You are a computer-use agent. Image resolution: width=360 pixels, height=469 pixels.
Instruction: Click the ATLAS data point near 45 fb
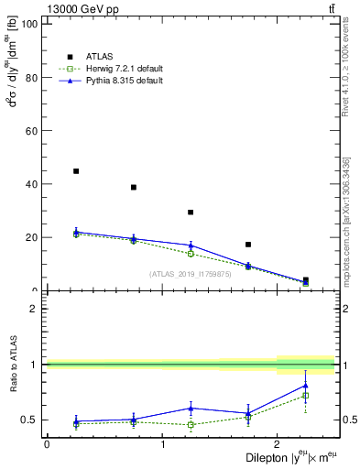(x=76, y=171)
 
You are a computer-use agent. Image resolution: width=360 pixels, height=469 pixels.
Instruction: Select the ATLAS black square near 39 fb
(x=134, y=187)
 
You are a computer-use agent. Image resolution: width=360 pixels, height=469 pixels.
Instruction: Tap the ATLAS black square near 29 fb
(x=191, y=213)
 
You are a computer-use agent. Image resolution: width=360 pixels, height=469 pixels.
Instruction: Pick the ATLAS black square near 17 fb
(x=248, y=245)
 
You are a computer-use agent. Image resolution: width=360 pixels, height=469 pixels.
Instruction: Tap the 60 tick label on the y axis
(x=31, y=131)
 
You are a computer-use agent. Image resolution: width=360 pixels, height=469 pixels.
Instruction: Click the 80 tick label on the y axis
(x=31, y=78)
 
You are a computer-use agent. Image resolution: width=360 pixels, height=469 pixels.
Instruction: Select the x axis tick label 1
(x=162, y=444)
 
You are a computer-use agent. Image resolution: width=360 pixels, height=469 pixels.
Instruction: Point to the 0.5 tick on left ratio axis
(x=28, y=420)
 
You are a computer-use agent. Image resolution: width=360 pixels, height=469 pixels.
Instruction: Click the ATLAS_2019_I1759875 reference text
(x=191, y=274)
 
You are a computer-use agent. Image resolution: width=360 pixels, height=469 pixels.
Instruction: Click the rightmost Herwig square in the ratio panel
(x=306, y=396)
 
